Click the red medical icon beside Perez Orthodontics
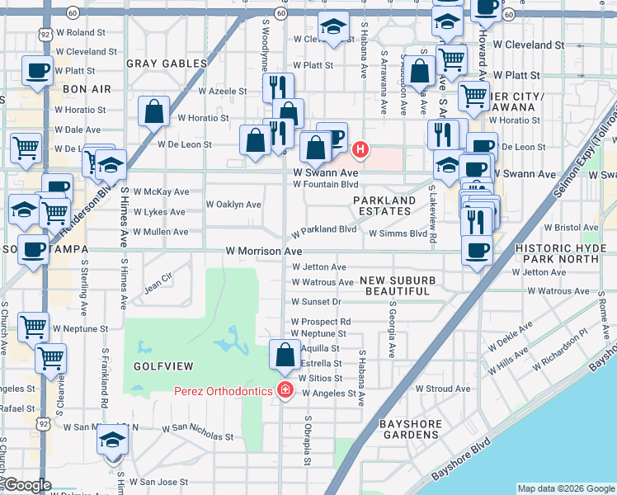285,389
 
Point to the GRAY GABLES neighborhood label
167,64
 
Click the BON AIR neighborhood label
87,87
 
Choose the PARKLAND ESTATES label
384,205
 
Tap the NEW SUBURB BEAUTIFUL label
398,286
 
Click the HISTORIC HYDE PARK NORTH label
564,253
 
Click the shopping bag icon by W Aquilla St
285,356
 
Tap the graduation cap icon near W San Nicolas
113,441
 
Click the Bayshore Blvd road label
460,464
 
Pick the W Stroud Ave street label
443,389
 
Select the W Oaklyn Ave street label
233,204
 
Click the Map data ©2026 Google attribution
566,488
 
